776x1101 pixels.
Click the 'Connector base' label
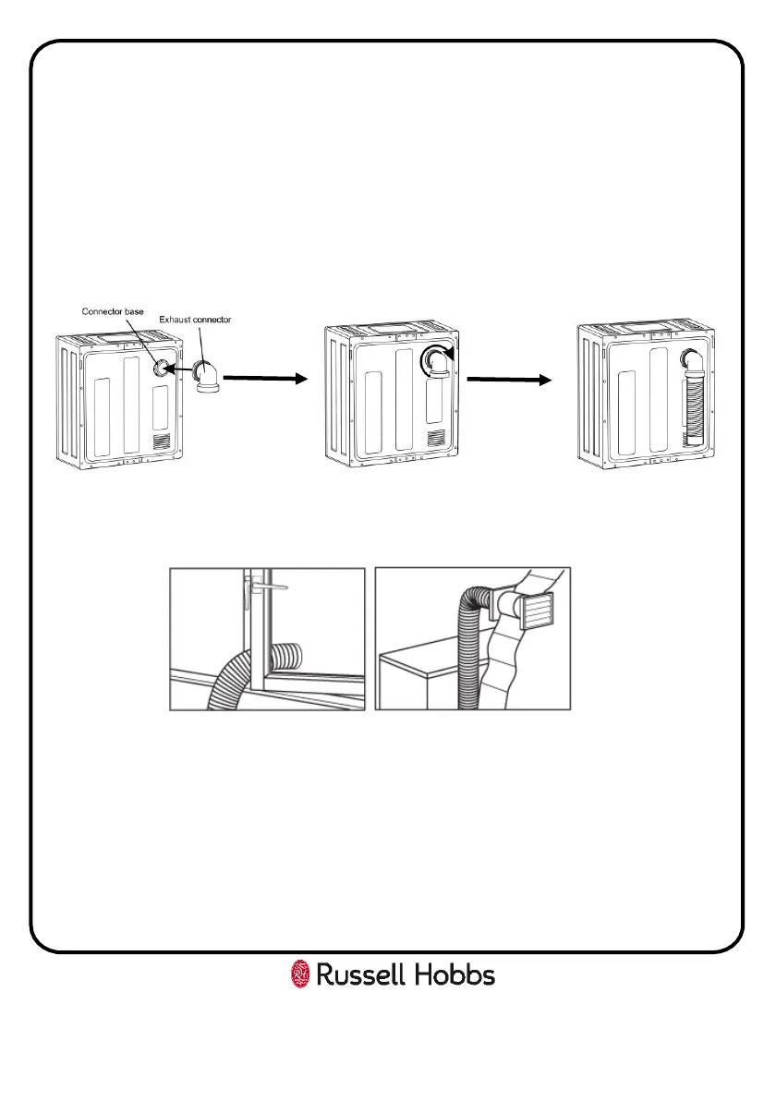(x=112, y=311)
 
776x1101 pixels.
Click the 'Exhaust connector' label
(x=194, y=320)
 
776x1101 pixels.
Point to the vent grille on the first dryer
(x=162, y=442)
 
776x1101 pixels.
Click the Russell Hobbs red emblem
(x=300, y=974)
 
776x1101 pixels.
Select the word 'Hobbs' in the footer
(x=457, y=974)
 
